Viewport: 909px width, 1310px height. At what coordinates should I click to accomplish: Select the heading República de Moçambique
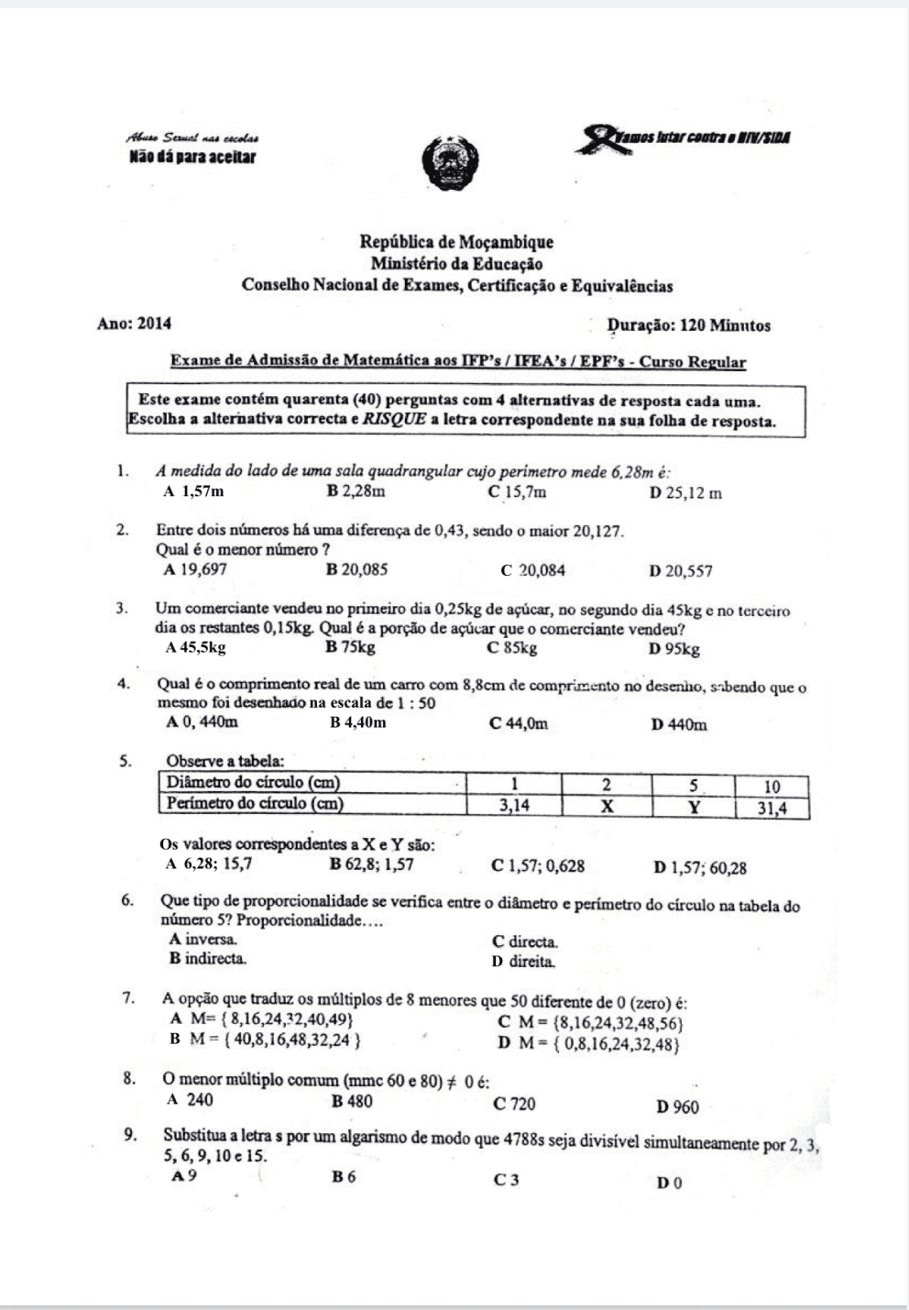tap(456, 242)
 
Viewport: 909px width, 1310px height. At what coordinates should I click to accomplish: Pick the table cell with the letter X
tap(606, 806)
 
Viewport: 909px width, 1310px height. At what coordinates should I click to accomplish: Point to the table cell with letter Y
tap(694, 807)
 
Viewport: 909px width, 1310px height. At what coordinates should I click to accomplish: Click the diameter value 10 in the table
tap(772, 786)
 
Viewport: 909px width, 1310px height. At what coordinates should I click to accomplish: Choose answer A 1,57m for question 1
tap(193, 491)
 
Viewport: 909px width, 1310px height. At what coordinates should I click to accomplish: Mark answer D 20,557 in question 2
tap(680, 571)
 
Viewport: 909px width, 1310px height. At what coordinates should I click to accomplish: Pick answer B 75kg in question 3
tap(350, 648)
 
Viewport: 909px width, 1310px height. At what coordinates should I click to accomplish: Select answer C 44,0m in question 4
tap(519, 724)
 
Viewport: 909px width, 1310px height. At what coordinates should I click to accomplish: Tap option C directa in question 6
tap(525, 941)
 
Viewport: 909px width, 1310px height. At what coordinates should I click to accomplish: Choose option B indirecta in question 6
tap(208, 959)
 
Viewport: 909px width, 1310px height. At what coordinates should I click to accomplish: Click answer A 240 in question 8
tap(191, 1100)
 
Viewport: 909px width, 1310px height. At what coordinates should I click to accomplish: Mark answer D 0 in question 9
tap(670, 1183)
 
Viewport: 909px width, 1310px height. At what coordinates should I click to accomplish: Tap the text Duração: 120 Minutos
tap(689, 325)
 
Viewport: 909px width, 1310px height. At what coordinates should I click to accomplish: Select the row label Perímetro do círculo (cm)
tap(256, 803)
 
